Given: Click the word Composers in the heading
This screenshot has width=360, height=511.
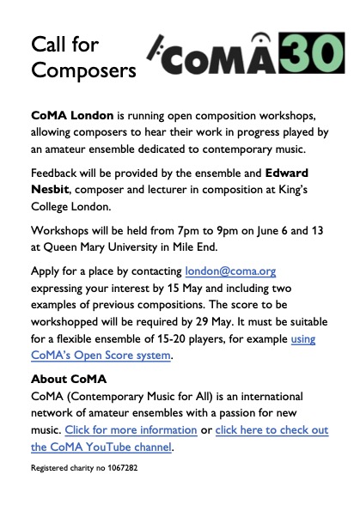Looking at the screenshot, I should [84, 70].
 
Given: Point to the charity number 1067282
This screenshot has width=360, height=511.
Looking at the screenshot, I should [118, 470].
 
